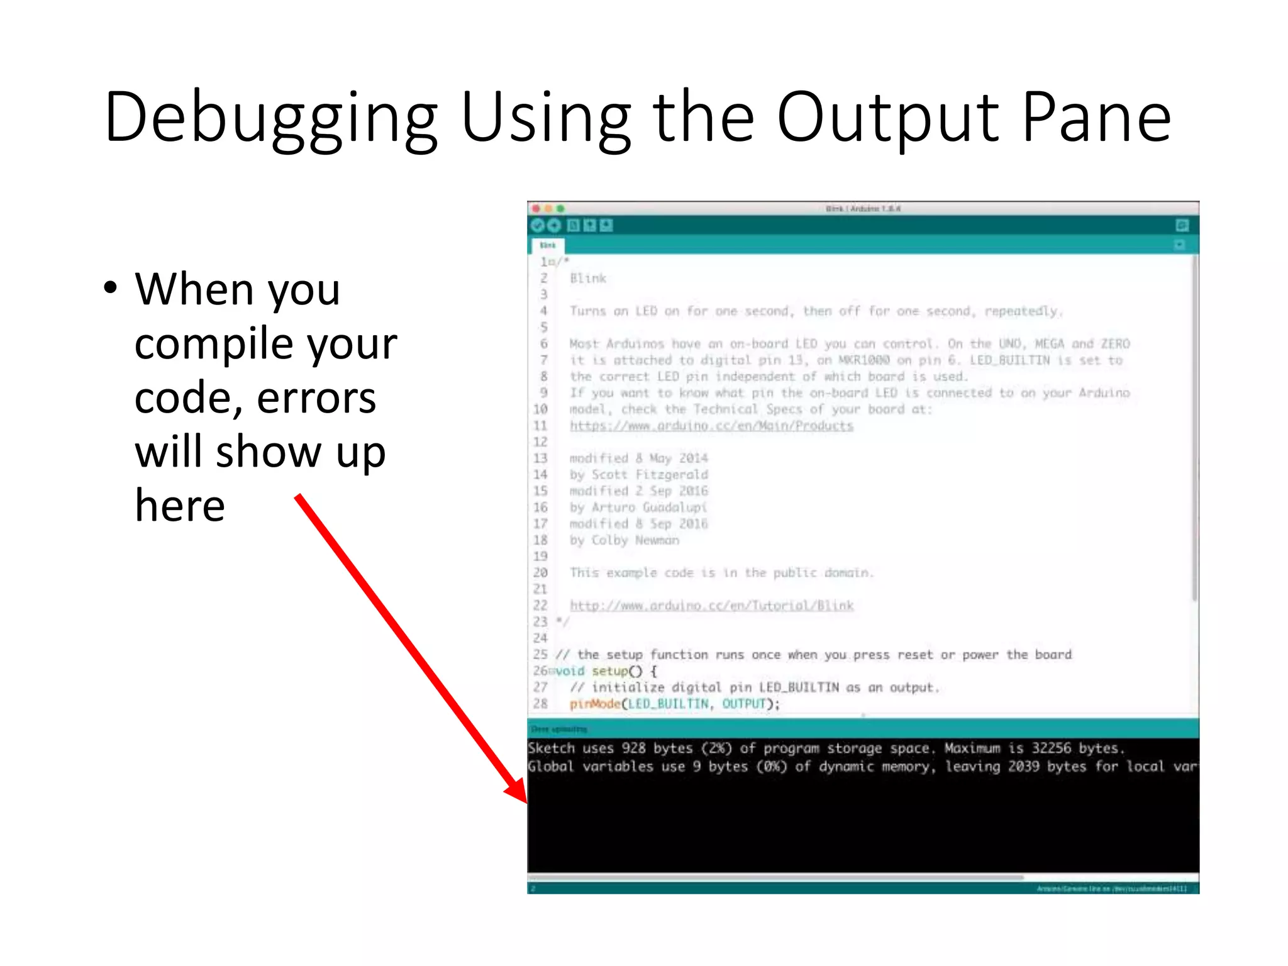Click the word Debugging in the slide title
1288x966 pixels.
point(270,118)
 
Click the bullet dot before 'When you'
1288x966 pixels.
point(111,288)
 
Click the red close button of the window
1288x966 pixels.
point(536,208)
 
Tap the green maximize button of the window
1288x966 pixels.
point(560,208)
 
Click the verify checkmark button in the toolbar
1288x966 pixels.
point(538,226)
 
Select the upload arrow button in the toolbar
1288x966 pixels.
point(554,226)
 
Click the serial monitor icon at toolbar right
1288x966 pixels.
point(1182,226)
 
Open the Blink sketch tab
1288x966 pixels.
point(548,245)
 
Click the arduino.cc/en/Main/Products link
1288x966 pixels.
point(711,426)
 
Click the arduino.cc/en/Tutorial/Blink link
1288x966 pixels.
point(711,606)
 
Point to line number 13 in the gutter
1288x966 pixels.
point(540,458)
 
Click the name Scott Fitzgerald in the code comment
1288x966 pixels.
point(650,474)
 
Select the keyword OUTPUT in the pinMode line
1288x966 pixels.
point(743,704)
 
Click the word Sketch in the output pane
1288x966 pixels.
point(551,748)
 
